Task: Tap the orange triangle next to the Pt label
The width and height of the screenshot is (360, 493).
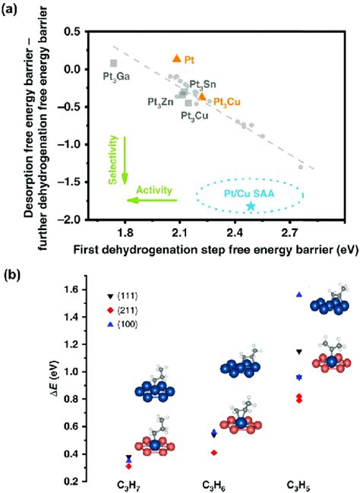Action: [x=176, y=58]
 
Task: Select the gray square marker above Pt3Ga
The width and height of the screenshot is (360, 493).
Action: [x=113, y=63]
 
